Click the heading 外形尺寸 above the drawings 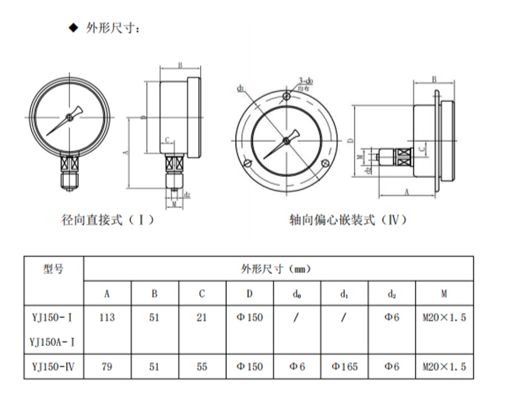tap(112, 29)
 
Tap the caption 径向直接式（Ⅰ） tap(107, 219)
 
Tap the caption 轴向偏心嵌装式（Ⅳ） tap(347, 219)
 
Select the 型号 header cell tap(53, 269)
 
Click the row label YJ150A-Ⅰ tap(53, 340)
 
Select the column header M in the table tap(443, 293)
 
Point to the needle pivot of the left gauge tap(69, 118)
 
